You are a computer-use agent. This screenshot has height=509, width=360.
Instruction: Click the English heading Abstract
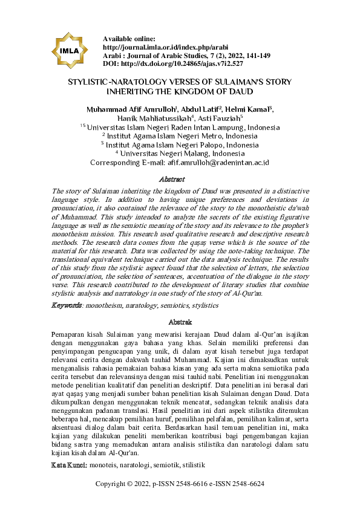[171, 180]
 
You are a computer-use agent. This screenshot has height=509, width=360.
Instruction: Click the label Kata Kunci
[67, 465]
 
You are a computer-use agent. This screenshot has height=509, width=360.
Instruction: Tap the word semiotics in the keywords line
[179, 306]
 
